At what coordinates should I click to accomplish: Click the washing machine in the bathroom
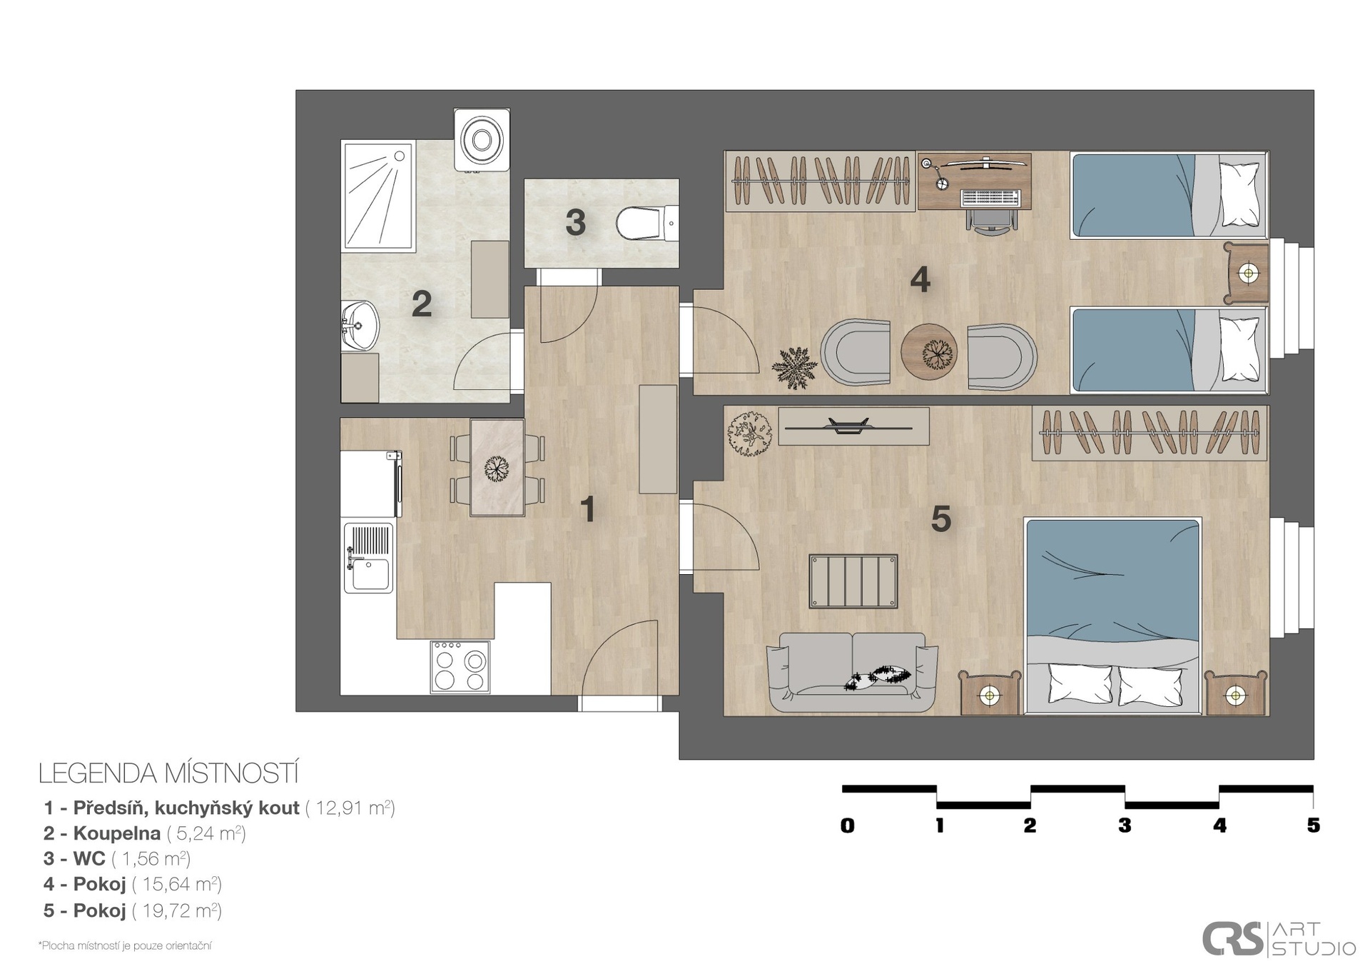click(x=482, y=140)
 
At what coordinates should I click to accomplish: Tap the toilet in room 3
click(x=646, y=223)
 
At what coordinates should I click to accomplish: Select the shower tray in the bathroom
click(x=379, y=196)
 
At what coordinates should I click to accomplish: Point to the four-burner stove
click(x=460, y=666)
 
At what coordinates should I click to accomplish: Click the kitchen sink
click(x=368, y=558)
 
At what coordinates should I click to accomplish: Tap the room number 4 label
click(x=920, y=280)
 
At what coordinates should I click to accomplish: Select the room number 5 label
click(x=941, y=519)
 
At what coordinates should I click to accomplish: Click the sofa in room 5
click(x=852, y=672)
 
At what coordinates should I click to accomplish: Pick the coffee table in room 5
click(x=853, y=581)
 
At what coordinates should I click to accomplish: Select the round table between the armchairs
click(x=928, y=351)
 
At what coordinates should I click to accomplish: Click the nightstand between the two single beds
click(x=1247, y=273)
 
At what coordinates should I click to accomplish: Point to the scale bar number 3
click(x=1125, y=825)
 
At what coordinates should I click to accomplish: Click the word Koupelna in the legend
click(x=117, y=833)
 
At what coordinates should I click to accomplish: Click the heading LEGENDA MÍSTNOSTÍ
click(x=168, y=773)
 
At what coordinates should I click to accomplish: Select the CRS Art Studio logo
click(x=1279, y=938)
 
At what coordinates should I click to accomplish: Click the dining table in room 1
click(x=497, y=467)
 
